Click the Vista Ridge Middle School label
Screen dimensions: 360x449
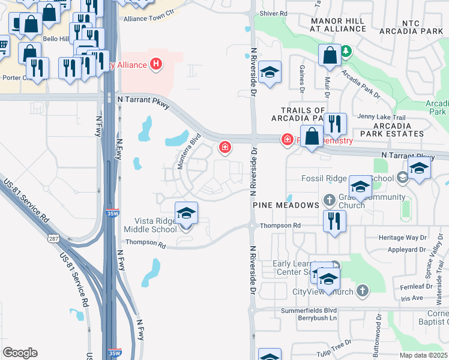point(155,225)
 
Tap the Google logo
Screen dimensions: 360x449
point(20,353)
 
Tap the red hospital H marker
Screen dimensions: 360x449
point(157,64)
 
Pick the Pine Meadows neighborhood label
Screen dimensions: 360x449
point(285,205)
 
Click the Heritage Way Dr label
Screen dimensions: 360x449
point(402,238)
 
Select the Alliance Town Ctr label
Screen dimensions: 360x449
point(148,19)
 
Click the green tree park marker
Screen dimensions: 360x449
point(346,52)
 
